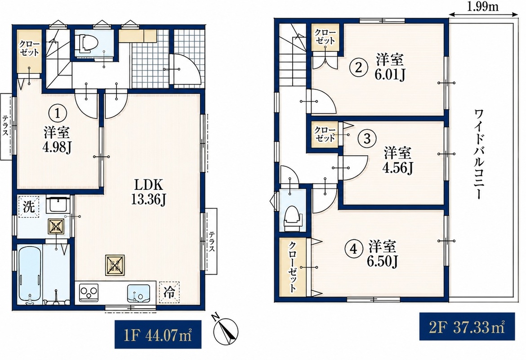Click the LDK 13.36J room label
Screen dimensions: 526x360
148,192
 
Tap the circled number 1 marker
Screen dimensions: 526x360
58,113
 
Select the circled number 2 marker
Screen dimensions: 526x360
358,68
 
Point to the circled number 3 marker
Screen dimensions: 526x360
367,138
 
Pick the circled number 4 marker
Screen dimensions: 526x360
353,249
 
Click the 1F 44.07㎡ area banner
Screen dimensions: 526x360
158,334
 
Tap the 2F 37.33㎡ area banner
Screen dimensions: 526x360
467,326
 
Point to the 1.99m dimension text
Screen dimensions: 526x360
483,6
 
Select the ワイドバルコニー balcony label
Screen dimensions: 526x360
478,154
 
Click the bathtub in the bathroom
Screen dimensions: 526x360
30,274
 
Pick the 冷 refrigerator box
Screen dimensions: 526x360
169,292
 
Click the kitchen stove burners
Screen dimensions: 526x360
89,292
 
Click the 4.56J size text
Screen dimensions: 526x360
397,167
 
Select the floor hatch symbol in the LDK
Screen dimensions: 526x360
115,265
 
